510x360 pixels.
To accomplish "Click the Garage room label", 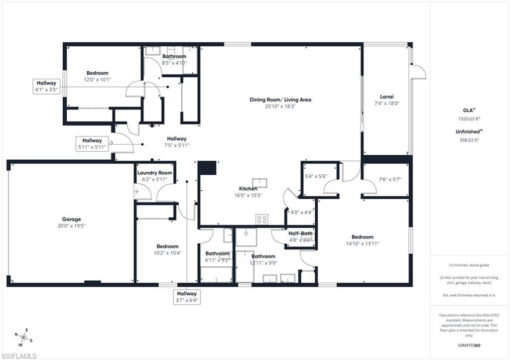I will (71, 219).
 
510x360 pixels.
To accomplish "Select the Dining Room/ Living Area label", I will (280, 100).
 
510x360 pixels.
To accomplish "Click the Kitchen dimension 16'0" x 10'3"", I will (248, 195).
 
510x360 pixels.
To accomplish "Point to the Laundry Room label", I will (155, 173).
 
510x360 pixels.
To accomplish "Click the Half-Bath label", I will (300, 233).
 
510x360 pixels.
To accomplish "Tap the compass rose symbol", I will (23, 337).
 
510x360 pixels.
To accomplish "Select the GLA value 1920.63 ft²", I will (468, 119).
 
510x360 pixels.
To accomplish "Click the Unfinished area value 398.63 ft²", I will (468, 140).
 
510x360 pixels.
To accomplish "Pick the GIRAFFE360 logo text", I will (470, 345).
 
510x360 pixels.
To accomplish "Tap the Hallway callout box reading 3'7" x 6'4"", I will (187, 297).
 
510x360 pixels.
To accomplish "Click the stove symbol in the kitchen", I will (261, 219).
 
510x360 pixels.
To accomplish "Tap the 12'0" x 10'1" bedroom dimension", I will (97, 79).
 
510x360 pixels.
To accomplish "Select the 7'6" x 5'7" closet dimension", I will (386, 179).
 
